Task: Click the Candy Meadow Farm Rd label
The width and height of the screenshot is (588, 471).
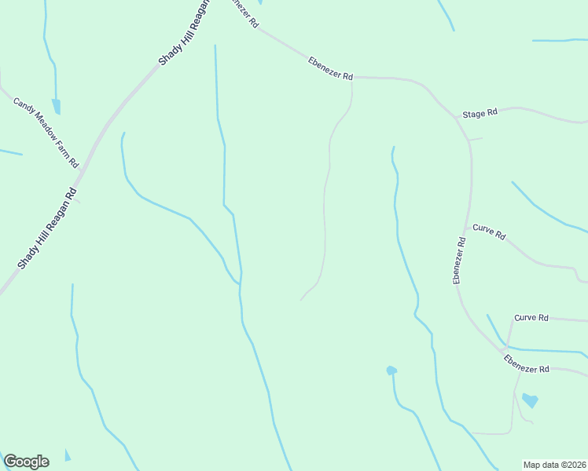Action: click(46, 132)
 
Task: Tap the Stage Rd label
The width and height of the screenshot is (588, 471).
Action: click(480, 114)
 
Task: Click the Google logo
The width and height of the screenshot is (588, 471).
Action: click(26, 462)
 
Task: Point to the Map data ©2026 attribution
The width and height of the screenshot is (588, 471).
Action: click(554, 465)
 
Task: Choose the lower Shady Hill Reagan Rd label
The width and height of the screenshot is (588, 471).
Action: click(47, 228)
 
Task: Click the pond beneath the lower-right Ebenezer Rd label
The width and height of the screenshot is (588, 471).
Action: click(531, 401)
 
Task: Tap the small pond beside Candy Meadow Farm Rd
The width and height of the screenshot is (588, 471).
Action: click(56, 107)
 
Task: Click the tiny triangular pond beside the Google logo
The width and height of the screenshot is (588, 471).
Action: click(67, 455)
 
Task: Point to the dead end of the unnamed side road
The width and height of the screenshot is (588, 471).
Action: click(300, 300)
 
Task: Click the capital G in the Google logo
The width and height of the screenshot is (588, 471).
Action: click(10, 462)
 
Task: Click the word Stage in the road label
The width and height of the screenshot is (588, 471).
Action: click(473, 115)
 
